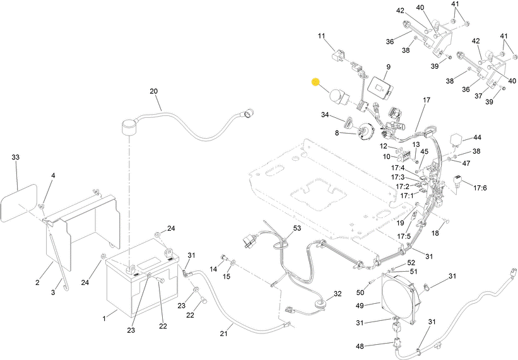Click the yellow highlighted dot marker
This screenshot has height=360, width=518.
315,82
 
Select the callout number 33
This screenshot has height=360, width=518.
16,158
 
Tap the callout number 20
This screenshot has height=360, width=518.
153,91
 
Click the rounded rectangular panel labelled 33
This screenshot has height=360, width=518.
19,203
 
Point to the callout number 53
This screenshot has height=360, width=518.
297,228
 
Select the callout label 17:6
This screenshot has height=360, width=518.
480,188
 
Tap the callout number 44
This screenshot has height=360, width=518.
478,137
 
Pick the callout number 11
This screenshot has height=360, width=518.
321,36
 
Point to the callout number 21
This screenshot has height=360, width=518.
223,334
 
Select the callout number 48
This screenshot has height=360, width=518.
360,346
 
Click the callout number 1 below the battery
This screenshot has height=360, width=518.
104,319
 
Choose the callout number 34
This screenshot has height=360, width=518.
325,115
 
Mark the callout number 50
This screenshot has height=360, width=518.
360,293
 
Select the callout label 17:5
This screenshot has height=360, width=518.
404,236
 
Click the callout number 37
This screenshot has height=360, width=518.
478,96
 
